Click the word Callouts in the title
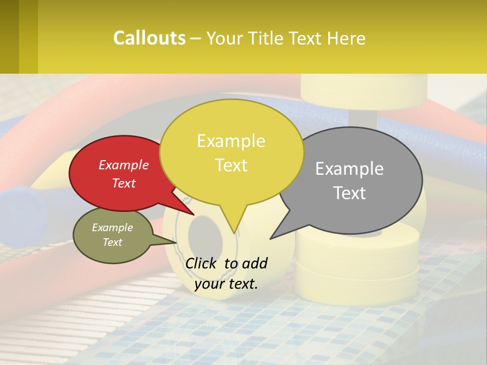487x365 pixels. pyautogui.click(x=149, y=38)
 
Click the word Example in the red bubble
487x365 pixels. pyautogui.click(x=123, y=165)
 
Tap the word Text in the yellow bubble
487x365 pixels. pyautogui.click(x=231, y=165)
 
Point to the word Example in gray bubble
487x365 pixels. pyautogui.click(x=349, y=169)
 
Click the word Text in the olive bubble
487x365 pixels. pyautogui.click(x=112, y=242)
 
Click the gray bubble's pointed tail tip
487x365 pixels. pyautogui.click(x=271, y=238)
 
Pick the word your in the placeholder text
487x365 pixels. pyautogui.click(x=209, y=284)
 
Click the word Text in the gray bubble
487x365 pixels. pyautogui.click(x=350, y=193)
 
